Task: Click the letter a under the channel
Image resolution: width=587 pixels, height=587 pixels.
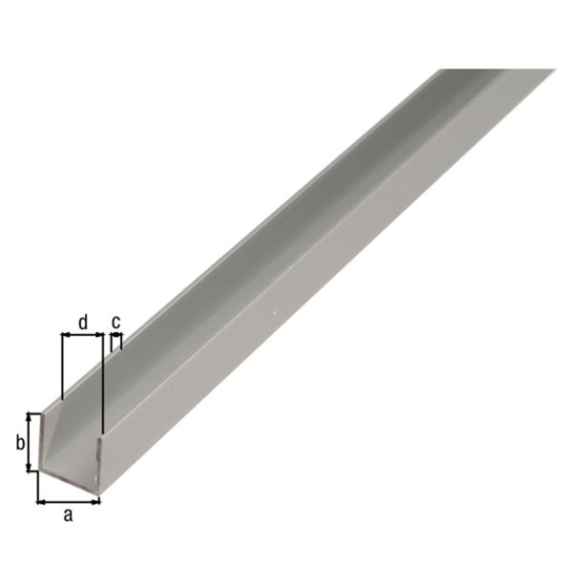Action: coord(67,515)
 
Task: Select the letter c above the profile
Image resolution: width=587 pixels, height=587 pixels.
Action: coord(116,322)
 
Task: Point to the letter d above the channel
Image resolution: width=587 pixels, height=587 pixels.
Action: coord(82,323)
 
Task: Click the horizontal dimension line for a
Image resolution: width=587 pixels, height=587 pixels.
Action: coord(68,499)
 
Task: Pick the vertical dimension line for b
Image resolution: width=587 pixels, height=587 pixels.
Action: coord(31,443)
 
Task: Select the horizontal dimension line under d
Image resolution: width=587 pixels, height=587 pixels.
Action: coord(81,336)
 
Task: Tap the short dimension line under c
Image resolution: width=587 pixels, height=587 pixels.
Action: coord(116,336)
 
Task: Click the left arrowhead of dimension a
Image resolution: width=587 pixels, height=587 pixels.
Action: coord(40,499)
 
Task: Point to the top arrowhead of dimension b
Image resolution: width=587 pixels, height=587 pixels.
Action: coord(31,417)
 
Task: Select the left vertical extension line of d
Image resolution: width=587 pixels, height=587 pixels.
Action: coord(61,367)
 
